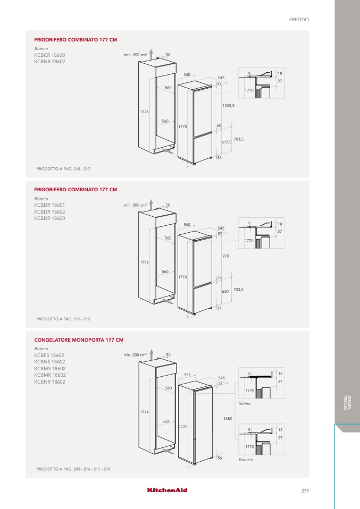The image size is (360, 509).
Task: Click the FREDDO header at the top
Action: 298,19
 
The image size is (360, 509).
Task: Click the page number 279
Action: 304,490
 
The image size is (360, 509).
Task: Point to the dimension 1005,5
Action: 229,106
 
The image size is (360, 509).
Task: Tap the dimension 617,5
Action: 227,142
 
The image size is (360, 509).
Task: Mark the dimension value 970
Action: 225,256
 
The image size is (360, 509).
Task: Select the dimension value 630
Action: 225,291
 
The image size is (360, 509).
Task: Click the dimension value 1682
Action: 228,419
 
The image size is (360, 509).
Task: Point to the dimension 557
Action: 187,374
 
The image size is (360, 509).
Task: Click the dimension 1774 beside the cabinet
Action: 144,412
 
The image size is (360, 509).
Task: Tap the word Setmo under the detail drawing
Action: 245,403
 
